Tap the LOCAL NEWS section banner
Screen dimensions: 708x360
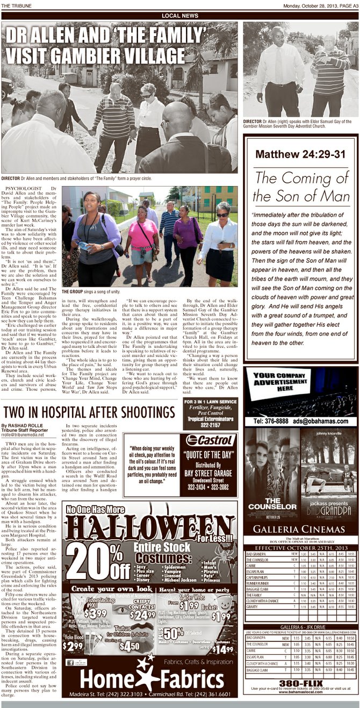(179, 16)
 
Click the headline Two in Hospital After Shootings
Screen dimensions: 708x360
(89, 412)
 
